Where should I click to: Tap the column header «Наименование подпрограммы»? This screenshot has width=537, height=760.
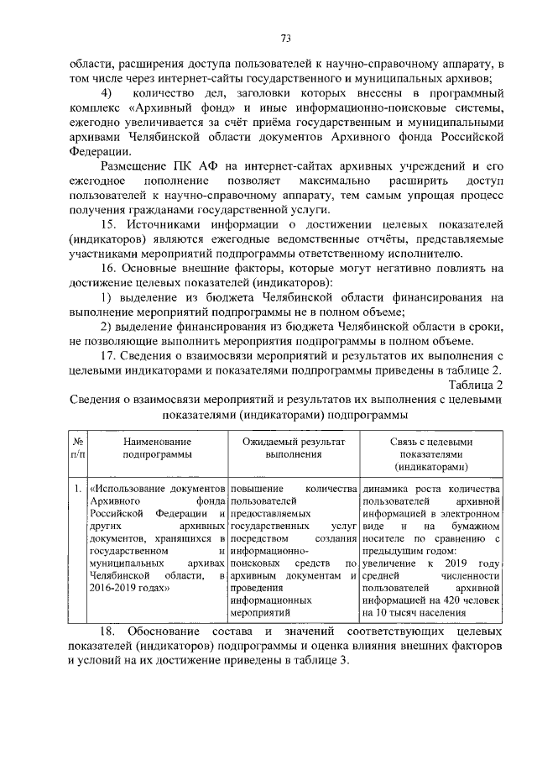[x=157, y=447]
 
